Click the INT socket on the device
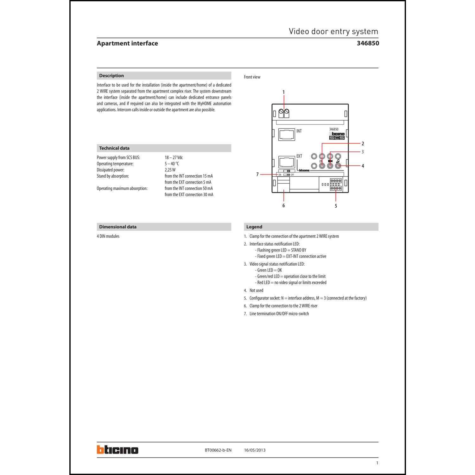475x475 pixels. click(x=287, y=134)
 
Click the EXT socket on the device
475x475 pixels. click(x=287, y=162)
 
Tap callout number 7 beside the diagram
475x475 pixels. click(x=257, y=174)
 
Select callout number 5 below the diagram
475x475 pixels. click(x=336, y=206)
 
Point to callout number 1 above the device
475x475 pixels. click(x=283, y=92)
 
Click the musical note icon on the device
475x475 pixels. click(x=338, y=161)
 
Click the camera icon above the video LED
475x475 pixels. click(x=330, y=161)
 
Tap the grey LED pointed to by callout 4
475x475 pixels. click(x=338, y=166)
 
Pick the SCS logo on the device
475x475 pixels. click(x=337, y=138)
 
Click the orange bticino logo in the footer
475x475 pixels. click(x=117, y=450)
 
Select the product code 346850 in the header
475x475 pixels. click(x=368, y=43)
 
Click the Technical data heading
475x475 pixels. click(x=114, y=148)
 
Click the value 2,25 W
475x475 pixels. click(x=170, y=170)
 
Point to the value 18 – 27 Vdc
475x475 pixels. click(x=174, y=158)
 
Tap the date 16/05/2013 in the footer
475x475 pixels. click(x=255, y=450)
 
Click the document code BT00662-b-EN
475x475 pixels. click(x=218, y=450)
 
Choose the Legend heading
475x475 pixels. click(x=254, y=227)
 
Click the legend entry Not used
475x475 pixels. click(x=256, y=290)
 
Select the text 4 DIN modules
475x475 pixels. click(x=108, y=236)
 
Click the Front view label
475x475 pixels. click(x=252, y=77)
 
